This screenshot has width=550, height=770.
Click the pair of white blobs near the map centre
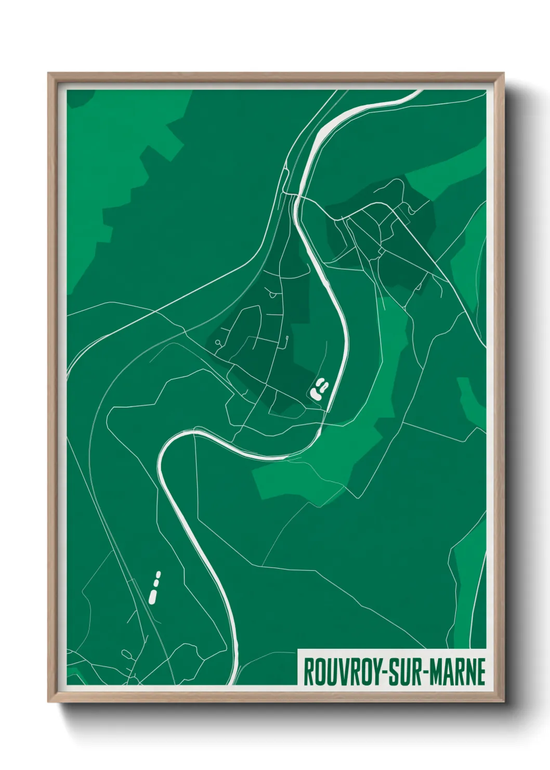click(319, 388)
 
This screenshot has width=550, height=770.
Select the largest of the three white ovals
click(153, 596)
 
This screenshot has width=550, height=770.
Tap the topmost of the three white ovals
click(159, 574)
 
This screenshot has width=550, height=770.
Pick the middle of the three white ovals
click(156, 583)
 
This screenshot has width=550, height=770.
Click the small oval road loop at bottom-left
click(126, 653)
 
